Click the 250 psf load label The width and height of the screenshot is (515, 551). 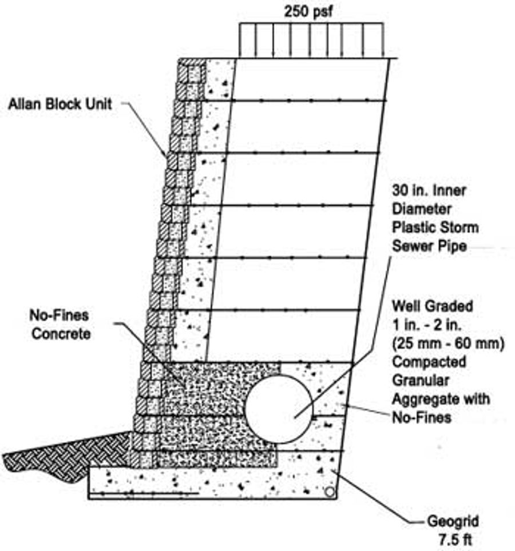[x=307, y=11]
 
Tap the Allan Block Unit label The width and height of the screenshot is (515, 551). [x=60, y=104]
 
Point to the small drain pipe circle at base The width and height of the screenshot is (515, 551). [x=329, y=492]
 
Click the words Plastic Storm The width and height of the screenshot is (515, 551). [x=435, y=227]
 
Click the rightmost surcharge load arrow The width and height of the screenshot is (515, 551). [x=381, y=41]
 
